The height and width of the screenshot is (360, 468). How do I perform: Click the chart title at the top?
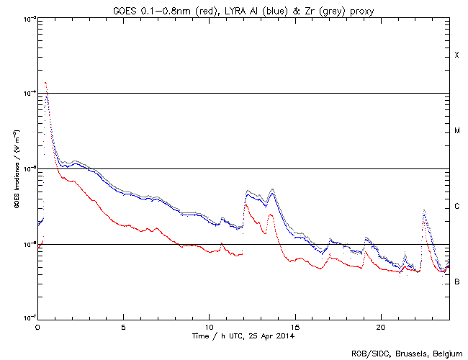coord(243,9)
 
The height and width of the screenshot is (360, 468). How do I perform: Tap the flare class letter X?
coord(456,55)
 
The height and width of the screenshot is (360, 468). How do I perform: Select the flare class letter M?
coord(456,131)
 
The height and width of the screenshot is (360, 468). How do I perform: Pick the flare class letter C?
coord(456,207)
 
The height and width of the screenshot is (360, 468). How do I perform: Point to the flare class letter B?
coord(456,282)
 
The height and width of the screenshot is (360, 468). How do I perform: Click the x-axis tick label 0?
coord(37,326)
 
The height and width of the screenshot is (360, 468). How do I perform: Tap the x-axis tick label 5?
coord(123,326)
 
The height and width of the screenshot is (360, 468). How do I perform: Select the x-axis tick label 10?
coord(209,326)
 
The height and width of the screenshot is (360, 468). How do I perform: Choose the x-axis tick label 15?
coord(294,326)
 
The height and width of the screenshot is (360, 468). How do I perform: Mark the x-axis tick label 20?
coord(380,326)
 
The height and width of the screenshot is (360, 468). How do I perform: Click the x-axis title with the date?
coord(243,336)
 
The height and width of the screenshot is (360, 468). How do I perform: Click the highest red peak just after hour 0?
coord(45,83)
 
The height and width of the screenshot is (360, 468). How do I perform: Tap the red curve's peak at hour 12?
coord(246,204)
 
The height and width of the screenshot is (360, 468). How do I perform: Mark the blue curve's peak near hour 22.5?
coord(424,211)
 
